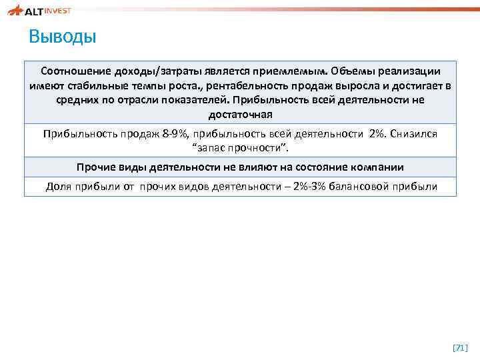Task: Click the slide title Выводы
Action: pos(63,36)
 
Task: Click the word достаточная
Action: pos(240,115)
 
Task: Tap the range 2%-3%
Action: pos(321,186)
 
